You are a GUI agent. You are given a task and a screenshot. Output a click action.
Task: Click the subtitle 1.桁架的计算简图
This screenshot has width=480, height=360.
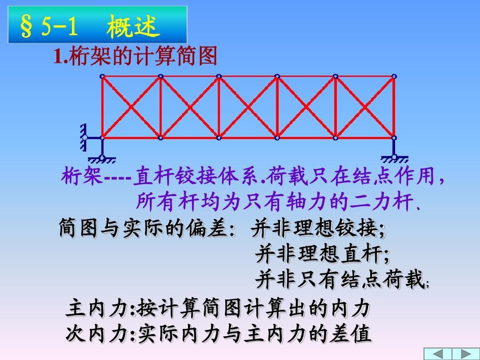point(136,57)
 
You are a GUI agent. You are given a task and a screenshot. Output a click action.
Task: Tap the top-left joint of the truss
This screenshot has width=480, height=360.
point(102,76)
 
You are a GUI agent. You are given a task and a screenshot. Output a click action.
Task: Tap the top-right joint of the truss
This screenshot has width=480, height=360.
point(394,76)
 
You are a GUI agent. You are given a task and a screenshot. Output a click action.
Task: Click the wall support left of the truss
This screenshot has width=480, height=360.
point(84,137)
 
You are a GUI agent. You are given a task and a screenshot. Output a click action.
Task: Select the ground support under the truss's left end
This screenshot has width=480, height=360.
point(102,158)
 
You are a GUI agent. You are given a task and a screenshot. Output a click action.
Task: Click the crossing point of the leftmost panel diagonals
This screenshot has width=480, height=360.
point(131,107)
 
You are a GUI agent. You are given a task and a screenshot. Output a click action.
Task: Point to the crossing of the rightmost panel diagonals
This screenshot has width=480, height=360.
point(364,107)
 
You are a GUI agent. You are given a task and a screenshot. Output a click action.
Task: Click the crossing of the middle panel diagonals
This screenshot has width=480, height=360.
point(248,107)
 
